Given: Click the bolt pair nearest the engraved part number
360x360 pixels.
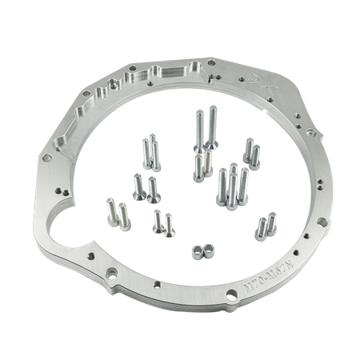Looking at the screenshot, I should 262,227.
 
